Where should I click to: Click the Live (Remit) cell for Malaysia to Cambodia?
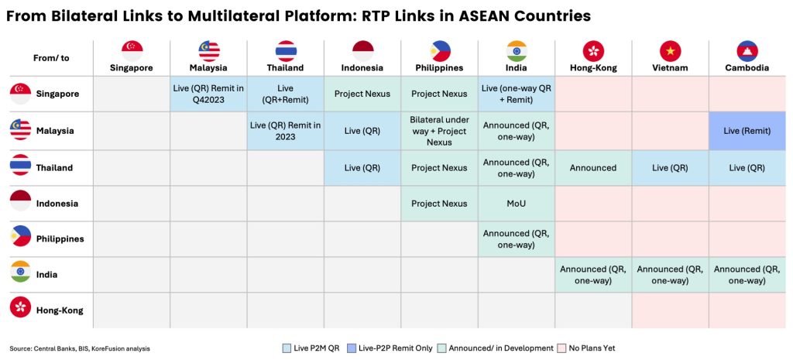click(x=747, y=131)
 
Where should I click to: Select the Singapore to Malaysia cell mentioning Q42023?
click(x=208, y=94)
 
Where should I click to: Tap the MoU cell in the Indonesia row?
click(x=517, y=204)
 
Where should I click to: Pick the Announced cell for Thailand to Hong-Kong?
click(x=593, y=168)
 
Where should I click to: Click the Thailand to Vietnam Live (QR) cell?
click(x=670, y=168)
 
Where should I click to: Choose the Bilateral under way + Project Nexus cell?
click(x=440, y=131)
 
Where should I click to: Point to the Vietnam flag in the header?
click(x=670, y=51)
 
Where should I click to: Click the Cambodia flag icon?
click(x=747, y=51)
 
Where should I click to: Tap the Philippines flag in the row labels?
click(x=20, y=236)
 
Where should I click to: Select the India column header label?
click(x=517, y=68)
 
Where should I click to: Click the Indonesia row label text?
click(x=57, y=204)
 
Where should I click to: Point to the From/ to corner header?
click(x=51, y=58)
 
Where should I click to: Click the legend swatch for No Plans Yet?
click(x=561, y=348)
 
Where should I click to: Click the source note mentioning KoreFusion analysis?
click(x=80, y=348)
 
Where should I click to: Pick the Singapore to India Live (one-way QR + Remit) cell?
click(x=517, y=94)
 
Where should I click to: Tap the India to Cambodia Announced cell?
click(x=747, y=275)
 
